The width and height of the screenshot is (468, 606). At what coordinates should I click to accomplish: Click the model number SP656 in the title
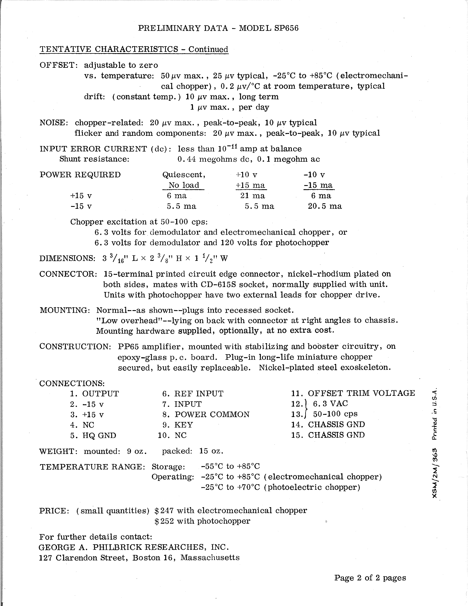pyautogui.click(x=286, y=28)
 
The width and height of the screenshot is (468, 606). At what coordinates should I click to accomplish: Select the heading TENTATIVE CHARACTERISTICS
pyautogui.click(x=109, y=49)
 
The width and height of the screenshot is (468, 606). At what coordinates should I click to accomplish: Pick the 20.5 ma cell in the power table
pyautogui.click(x=325, y=206)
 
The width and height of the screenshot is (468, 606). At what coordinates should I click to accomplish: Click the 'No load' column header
pyautogui.click(x=184, y=185)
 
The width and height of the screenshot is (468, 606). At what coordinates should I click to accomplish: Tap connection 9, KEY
pyautogui.click(x=183, y=425)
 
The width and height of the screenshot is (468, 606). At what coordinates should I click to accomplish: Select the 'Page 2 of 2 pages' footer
pyautogui.click(x=370, y=578)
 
